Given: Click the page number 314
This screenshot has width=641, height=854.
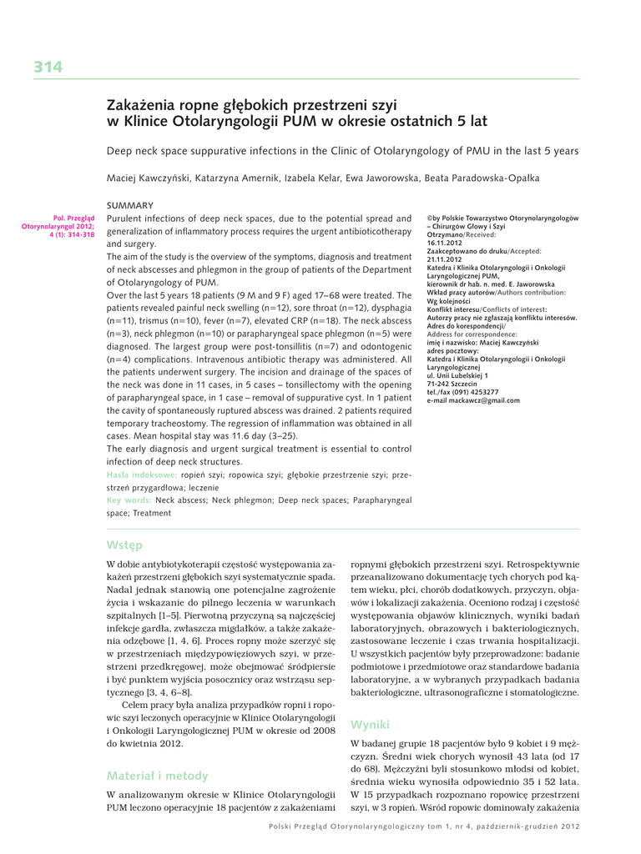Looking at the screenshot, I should click(48, 68).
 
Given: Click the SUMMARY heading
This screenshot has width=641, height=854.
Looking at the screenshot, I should click(130, 205).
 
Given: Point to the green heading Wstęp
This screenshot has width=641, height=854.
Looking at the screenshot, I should click(124, 545).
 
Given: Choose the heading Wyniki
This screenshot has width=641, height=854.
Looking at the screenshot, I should click(371, 723).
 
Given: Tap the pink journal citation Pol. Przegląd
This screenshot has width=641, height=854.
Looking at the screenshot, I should click(73, 219).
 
